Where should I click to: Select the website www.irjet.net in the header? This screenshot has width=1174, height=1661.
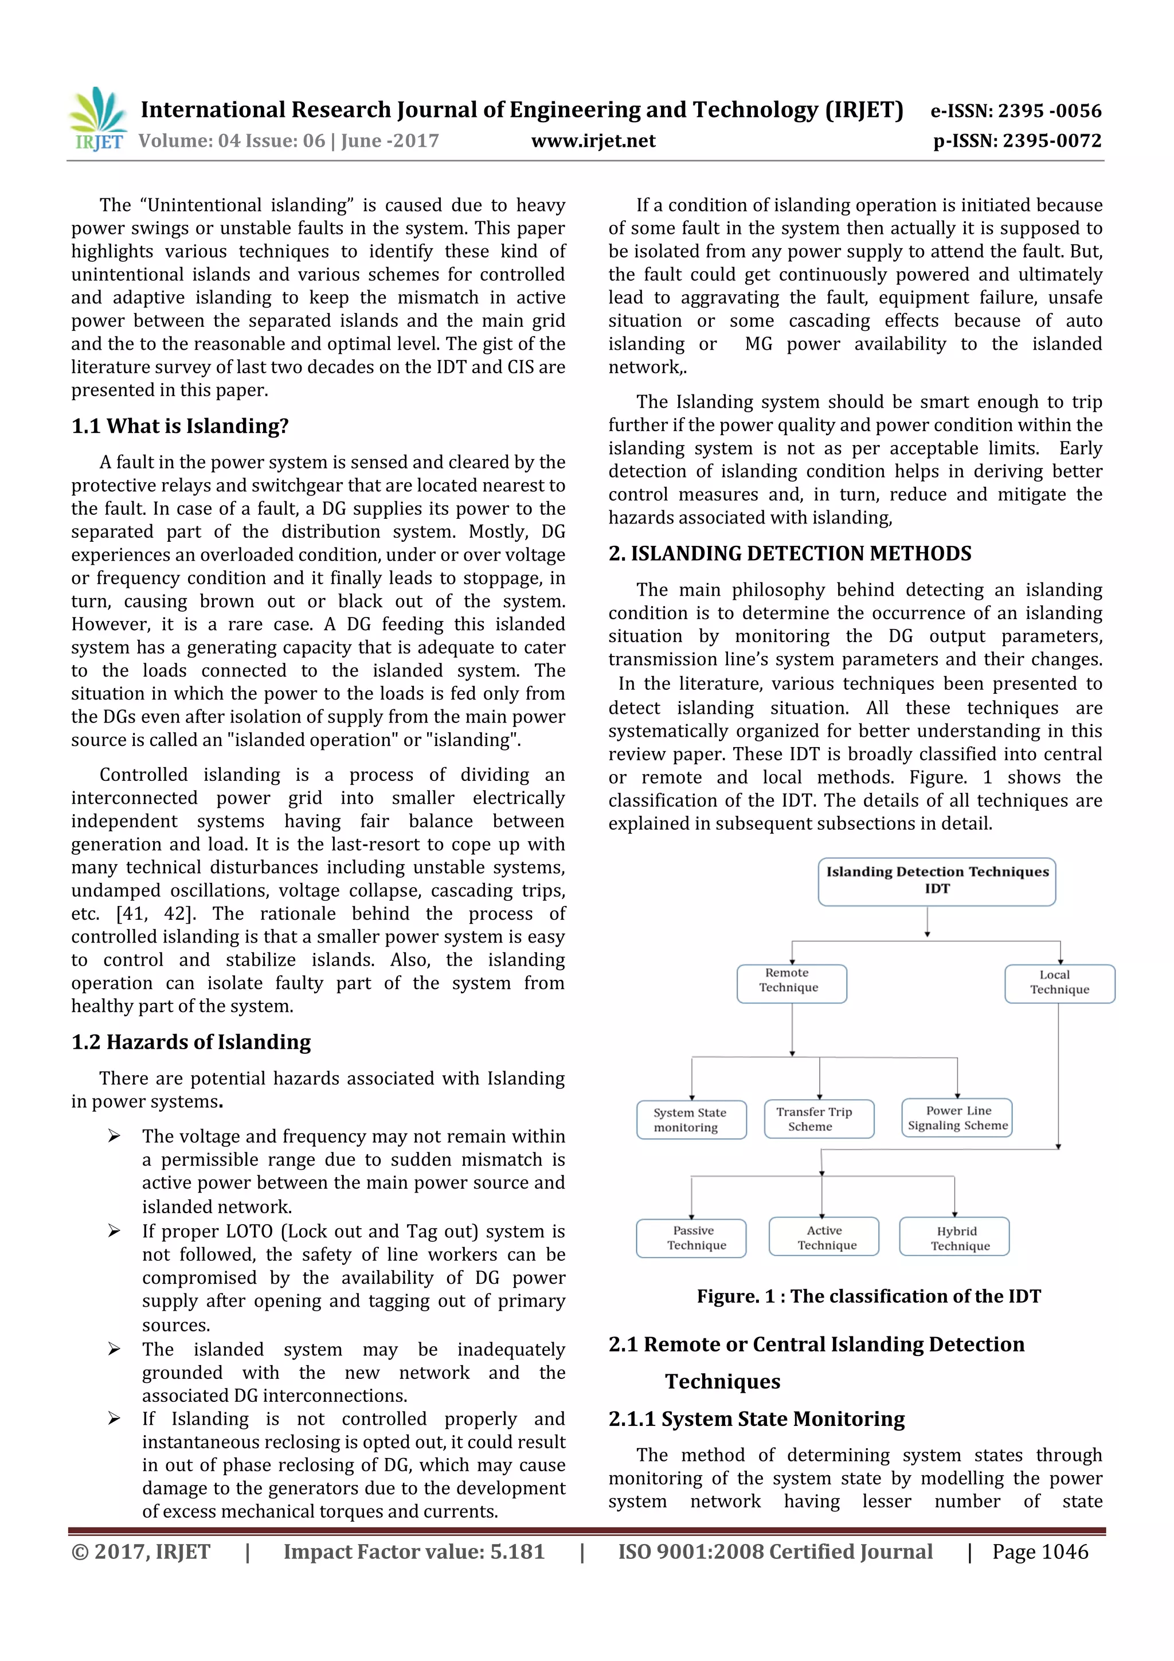click(x=593, y=141)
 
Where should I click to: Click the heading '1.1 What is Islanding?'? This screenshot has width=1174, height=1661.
click(x=180, y=426)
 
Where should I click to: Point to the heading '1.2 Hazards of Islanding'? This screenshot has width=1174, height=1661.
click(x=191, y=1042)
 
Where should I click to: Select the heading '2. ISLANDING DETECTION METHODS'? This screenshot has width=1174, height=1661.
click(x=790, y=553)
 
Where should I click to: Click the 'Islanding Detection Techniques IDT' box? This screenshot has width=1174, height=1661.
click(x=937, y=881)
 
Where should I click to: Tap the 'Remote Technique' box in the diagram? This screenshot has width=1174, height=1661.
click(x=791, y=983)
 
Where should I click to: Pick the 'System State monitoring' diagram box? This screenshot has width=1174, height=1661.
click(x=691, y=1120)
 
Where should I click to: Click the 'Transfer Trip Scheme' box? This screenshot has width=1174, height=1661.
click(x=819, y=1119)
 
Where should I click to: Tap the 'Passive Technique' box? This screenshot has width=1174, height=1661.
click(x=691, y=1238)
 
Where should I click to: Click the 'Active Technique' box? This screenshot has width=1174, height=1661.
click(x=824, y=1238)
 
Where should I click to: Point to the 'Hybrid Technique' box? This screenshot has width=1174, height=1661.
click(x=954, y=1238)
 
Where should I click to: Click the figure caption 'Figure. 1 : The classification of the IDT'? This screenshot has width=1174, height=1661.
click(x=868, y=1296)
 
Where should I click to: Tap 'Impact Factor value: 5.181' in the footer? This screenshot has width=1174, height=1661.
click(x=414, y=1551)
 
